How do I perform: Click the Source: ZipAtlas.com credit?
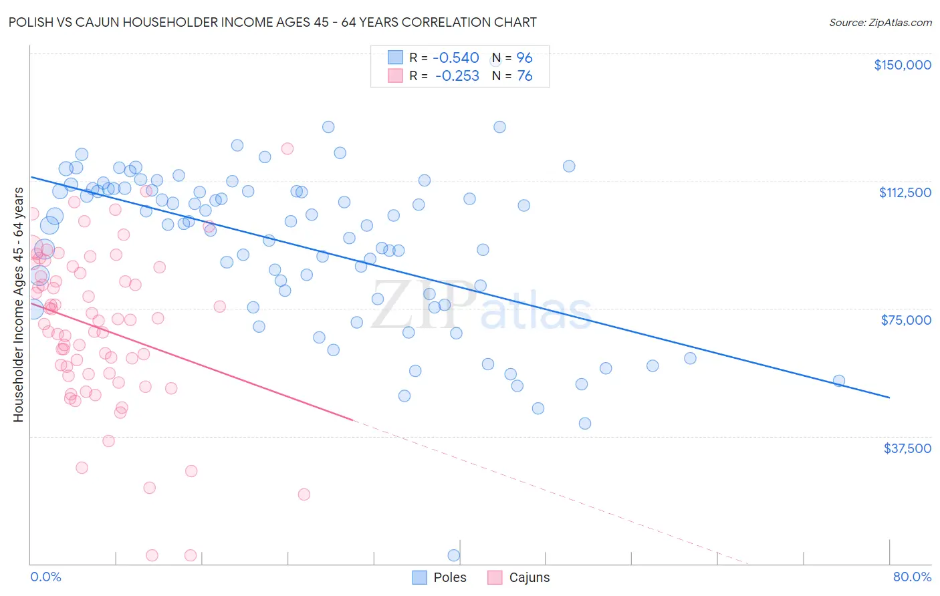click(x=880, y=22)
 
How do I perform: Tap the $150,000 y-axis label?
click(x=902, y=65)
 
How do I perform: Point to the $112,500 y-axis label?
click(x=905, y=192)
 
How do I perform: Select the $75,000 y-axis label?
click(x=906, y=320)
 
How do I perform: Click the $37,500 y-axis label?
click(x=907, y=448)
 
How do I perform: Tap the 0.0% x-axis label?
click(x=45, y=577)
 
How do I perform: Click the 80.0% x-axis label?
click(x=912, y=577)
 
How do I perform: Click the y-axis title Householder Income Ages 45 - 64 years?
click(x=18, y=305)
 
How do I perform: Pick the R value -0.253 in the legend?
click(x=457, y=76)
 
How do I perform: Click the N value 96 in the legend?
click(x=524, y=58)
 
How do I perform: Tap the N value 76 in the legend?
click(x=524, y=76)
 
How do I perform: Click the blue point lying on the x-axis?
click(x=453, y=555)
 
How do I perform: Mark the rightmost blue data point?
click(x=838, y=381)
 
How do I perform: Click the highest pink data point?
click(x=287, y=148)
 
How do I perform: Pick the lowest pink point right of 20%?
click(x=304, y=494)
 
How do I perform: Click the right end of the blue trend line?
click(x=889, y=398)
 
